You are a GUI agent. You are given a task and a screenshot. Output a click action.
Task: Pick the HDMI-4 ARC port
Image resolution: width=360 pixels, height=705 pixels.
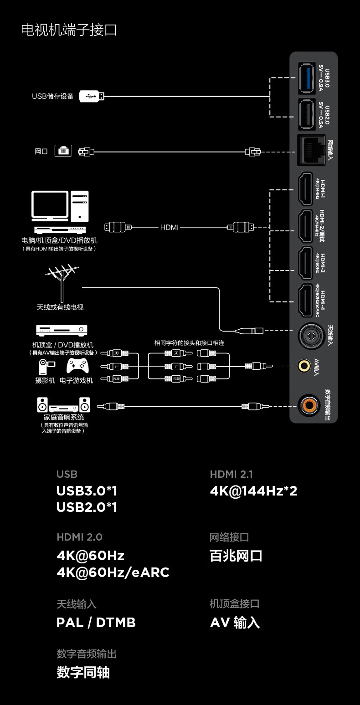coord(305,300)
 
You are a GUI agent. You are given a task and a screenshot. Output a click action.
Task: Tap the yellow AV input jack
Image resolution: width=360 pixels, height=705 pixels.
coord(303,365)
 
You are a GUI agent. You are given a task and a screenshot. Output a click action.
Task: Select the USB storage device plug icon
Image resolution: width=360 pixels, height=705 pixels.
coord(92,96)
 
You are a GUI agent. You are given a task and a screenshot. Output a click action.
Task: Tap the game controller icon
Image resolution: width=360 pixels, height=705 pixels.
coord(78,365)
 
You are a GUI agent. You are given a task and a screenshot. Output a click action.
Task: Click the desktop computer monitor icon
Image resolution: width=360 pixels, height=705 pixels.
coord(50,206)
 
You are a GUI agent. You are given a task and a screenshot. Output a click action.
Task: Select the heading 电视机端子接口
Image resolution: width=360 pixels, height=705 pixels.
coord(69,30)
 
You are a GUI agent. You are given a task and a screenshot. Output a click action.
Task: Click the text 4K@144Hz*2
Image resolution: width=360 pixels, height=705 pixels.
coord(253,491)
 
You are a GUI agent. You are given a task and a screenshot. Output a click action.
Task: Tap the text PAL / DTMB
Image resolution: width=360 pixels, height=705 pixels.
coord(96,623)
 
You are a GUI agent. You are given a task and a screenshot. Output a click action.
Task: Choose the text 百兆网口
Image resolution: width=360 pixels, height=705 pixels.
coord(236,556)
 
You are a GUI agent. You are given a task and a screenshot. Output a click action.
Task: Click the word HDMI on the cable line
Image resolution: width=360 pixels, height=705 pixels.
coord(170,227)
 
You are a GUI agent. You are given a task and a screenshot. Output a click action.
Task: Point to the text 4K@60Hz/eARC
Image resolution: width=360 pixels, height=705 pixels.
coord(113,572)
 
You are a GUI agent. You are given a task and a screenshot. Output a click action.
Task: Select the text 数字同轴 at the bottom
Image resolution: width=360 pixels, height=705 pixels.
coord(83,673)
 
